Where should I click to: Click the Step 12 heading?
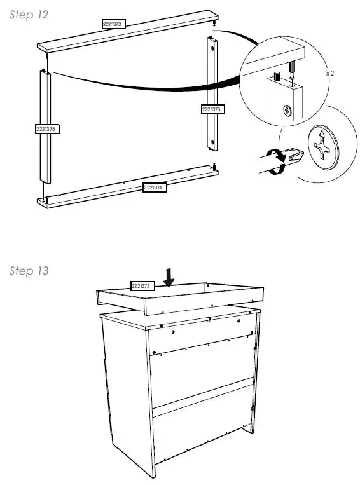[29, 15]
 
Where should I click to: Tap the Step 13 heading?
[29, 271]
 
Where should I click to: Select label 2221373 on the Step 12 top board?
[114, 24]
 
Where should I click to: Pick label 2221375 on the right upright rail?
[211, 109]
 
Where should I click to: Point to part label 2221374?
[155, 188]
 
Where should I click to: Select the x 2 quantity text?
[329, 74]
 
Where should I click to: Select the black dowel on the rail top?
[277, 77]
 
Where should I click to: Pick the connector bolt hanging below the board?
[293, 67]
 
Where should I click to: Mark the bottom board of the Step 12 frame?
[127, 187]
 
